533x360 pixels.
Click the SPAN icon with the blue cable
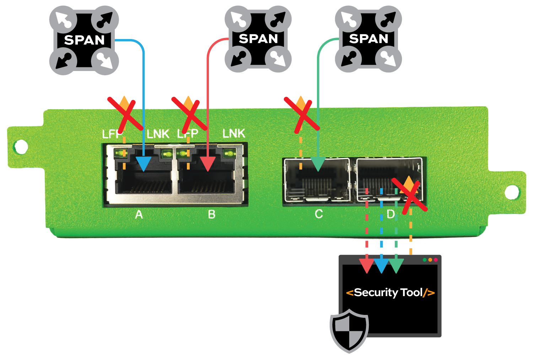pos(84,40)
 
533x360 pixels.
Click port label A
pos(139,214)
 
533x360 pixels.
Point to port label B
pos(211,214)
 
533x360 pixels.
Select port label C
pos(319,214)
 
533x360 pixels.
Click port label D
pos(391,214)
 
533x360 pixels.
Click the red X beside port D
pos(409,196)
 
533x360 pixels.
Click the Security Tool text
pos(390,293)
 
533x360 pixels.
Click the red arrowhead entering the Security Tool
pos(366,266)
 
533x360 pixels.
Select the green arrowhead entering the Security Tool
pos(396,266)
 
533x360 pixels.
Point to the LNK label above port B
pos(234,133)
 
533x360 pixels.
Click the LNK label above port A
pos(158,134)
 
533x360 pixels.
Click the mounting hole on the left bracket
pos(21,146)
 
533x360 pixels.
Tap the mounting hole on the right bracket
pos(512,192)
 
